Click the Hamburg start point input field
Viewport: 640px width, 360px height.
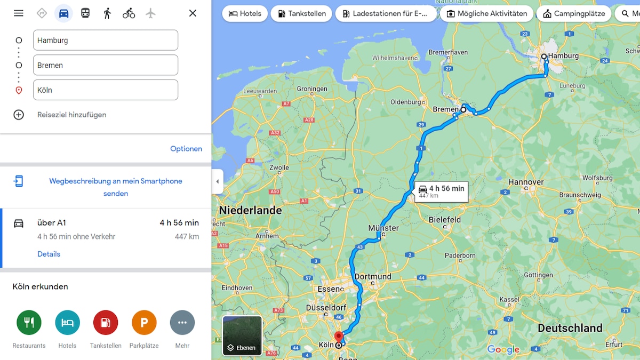[x=105, y=40]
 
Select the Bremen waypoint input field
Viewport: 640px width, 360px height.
[x=105, y=65]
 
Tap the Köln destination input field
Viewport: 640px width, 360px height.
[x=105, y=90]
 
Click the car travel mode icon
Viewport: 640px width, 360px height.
[x=63, y=13]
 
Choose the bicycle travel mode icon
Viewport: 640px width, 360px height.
[x=129, y=13]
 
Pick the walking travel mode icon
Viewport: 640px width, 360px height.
[x=107, y=13]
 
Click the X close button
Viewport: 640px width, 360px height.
[x=193, y=13]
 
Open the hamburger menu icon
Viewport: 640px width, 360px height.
[x=19, y=13]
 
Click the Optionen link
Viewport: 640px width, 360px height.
[x=186, y=149]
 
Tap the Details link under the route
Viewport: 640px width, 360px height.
[x=49, y=254]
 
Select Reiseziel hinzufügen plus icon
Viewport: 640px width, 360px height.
[x=19, y=115]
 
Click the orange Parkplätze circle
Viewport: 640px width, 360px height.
[x=144, y=323]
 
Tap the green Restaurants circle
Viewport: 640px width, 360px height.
[x=29, y=323]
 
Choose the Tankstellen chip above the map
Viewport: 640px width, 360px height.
[x=301, y=13]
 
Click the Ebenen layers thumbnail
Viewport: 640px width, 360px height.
[x=242, y=335]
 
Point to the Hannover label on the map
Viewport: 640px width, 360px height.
[x=526, y=182]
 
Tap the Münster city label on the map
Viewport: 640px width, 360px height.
[x=383, y=228]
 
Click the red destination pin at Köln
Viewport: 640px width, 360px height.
[x=338, y=337]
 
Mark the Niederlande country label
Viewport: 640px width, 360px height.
[x=250, y=210]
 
